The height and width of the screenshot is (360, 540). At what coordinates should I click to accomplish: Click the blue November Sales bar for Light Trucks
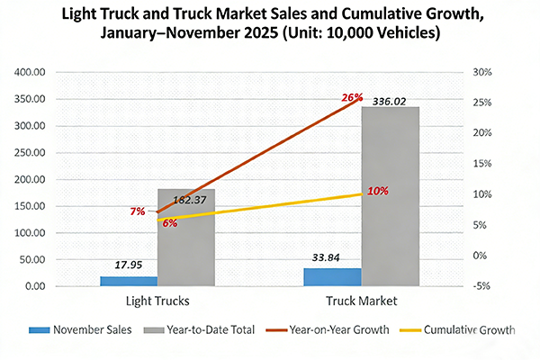[128, 281]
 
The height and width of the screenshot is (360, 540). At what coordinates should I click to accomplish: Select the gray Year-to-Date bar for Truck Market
[390, 196]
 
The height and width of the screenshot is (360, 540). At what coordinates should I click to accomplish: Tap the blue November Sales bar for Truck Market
[332, 277]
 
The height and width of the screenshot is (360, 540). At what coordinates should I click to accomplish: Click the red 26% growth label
[351, 97]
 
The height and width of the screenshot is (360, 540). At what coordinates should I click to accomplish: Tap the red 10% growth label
[378, 191]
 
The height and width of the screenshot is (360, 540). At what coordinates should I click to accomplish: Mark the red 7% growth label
[138, 211]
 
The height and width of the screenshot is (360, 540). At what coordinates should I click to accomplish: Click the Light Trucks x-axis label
[157, 301]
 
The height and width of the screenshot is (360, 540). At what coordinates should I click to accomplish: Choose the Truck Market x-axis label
[361, 301]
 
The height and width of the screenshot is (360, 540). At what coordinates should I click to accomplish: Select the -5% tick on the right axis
[482, 286]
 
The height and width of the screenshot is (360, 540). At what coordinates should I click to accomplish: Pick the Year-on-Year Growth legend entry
[330, 330]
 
